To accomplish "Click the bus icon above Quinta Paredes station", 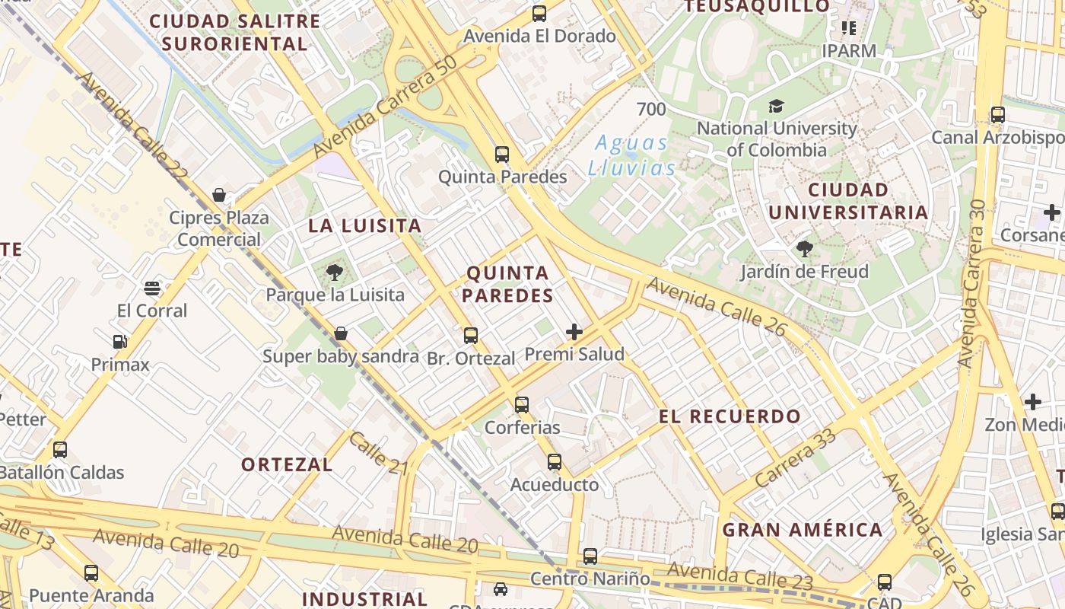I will (501, 155).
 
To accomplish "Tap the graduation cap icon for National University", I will (776, 106).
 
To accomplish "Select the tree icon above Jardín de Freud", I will (804, 248).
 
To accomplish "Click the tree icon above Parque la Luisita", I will (334, 272).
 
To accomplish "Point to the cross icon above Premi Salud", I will (574, 332).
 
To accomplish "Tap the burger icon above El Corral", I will (152, 289).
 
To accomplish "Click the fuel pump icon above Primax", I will (119, 342).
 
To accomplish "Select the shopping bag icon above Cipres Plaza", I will (219, 196).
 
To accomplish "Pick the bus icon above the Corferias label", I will (521, 405).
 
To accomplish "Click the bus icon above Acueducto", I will (555, 462).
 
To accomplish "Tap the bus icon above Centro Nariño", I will (590, 556).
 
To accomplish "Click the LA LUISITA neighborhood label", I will (364, 226).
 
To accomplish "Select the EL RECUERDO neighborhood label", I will (730, 416).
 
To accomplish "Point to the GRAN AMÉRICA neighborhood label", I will (803, 530).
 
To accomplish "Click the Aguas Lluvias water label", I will (631, 155).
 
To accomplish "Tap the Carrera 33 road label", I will (796, 459).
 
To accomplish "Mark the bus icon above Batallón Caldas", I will (60, 450).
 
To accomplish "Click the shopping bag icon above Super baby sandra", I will (341, 333).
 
